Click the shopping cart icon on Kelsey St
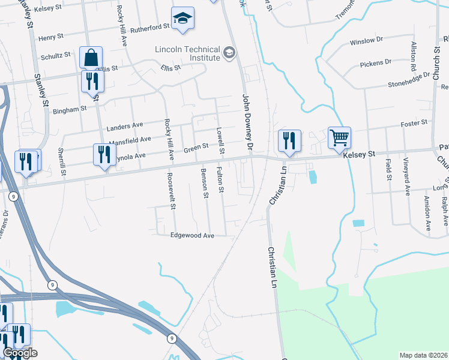339,138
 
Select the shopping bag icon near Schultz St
91,58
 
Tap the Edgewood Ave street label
193,236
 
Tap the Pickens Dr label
376,62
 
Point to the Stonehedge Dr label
409,80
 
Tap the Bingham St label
71,110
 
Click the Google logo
20,353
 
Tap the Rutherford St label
151,28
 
